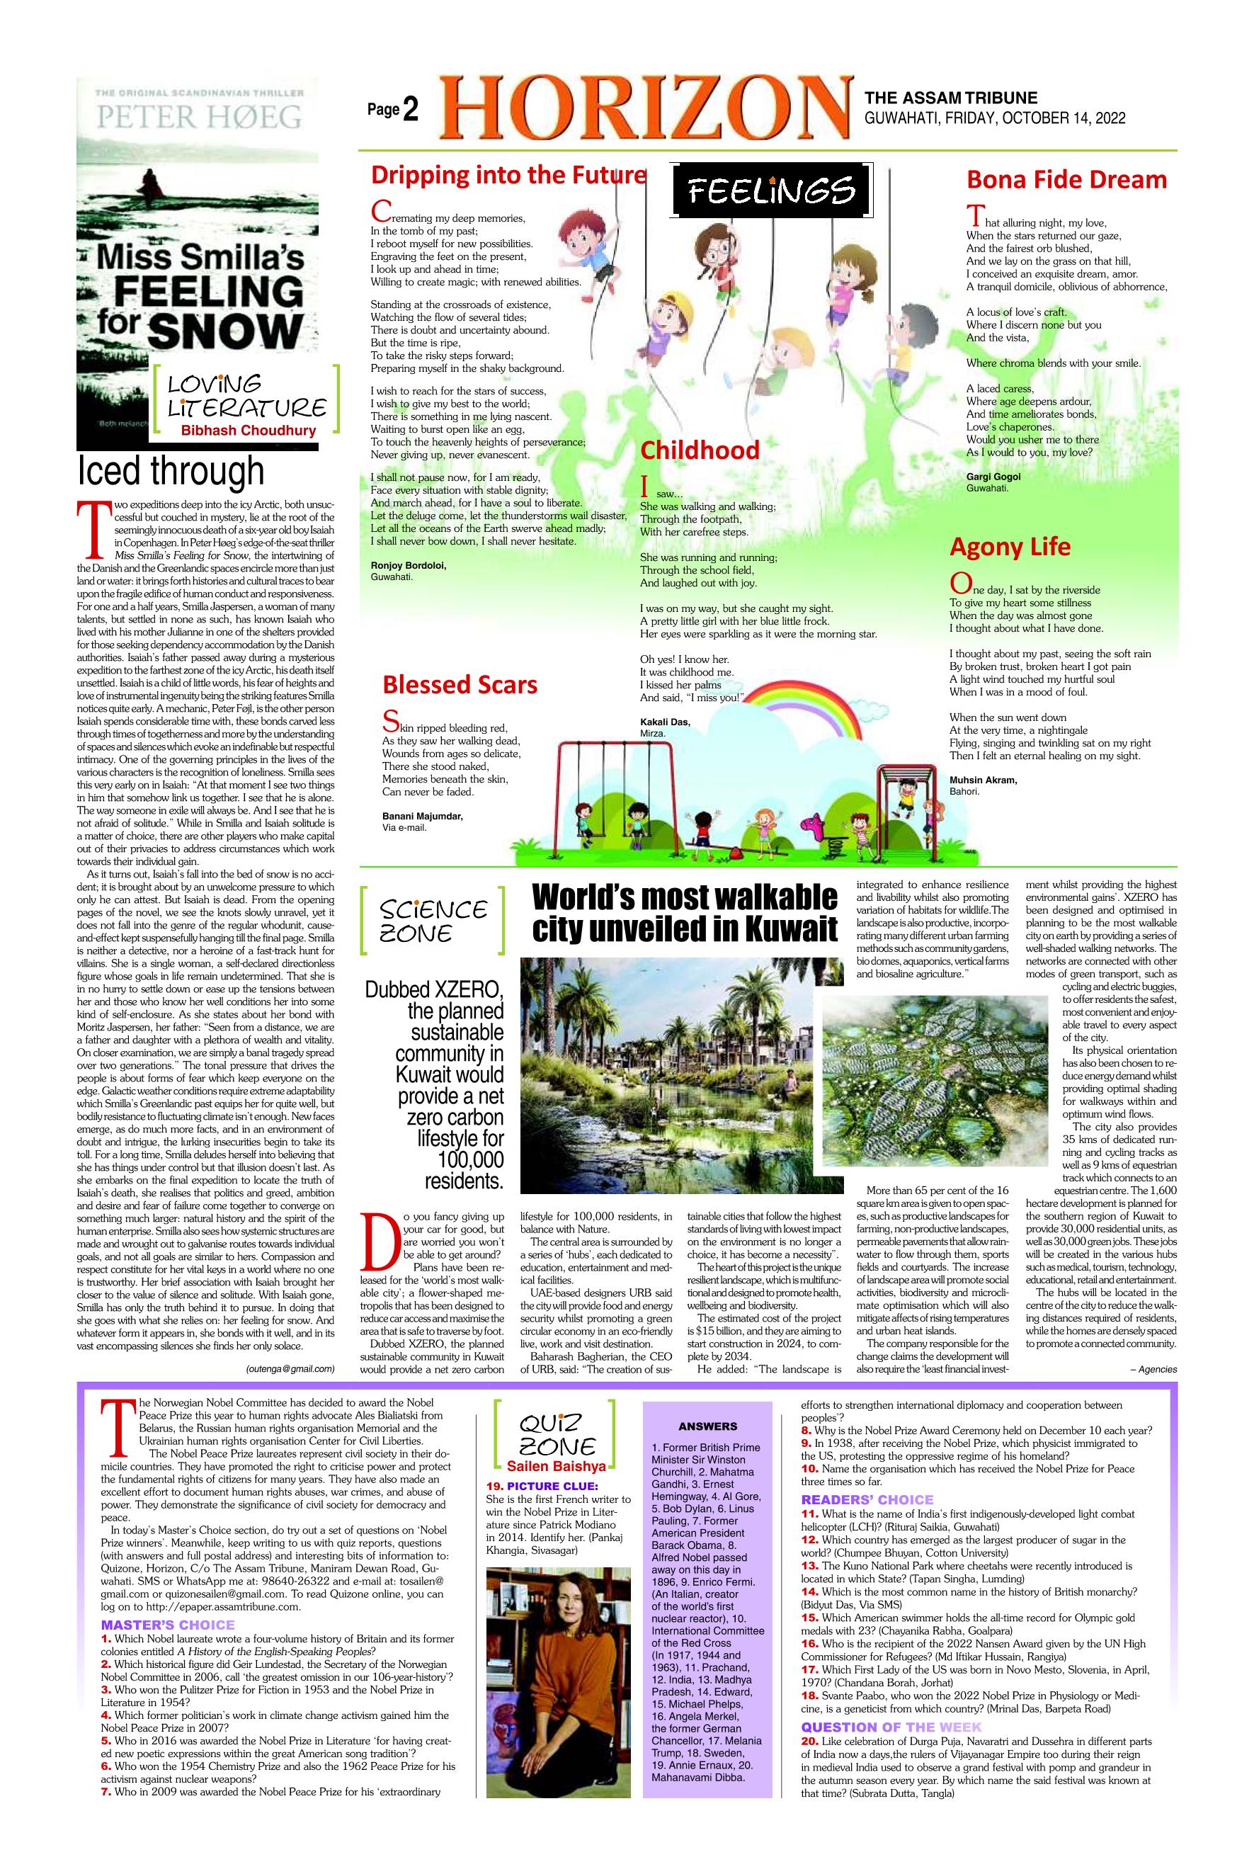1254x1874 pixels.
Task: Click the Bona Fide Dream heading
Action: coord(1066,179)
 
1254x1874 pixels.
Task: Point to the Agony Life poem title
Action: coord(1009,547)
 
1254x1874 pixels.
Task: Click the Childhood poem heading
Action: coord(700,450)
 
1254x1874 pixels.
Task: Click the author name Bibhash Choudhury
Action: coord(248,431)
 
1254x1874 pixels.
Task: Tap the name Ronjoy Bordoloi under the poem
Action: coord(409,565)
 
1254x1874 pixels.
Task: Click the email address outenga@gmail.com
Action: coord(290,1368)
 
